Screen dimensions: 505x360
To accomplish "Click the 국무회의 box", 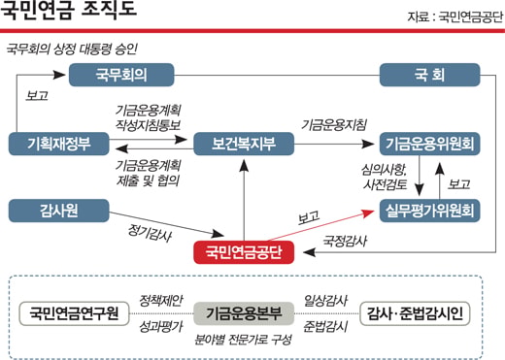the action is click(x=121, y=75).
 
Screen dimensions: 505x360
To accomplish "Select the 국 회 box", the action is click(x=429, y=75).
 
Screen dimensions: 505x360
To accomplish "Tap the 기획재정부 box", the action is click(x=59, y=144).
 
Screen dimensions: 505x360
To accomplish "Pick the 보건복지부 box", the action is click(x=244, y=144).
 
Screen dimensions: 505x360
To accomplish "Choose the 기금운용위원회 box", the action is click(x=429, y=144).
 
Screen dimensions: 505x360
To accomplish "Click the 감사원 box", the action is click(x=59, y=211).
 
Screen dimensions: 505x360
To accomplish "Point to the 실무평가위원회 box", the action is click(x=429, y=211).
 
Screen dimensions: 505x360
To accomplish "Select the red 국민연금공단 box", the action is click(x=244, y=252).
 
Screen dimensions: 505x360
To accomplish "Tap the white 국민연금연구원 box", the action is click(x=74, y=313).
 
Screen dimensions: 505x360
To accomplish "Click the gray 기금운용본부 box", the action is click(x=244, y=313).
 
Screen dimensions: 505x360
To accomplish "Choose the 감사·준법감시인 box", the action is click(x=415, y=313).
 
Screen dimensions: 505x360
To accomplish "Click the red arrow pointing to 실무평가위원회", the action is click(x=320, y=225).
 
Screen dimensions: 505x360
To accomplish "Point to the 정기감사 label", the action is click(x=150, y=233).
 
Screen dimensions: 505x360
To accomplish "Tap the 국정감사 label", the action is click(x=345, y=241).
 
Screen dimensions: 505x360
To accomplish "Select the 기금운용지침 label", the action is click(x=334, y=125).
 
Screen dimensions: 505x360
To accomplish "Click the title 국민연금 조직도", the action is click(x=68, y=9).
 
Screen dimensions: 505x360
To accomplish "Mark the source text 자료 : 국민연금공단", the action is click(x=455, y=16).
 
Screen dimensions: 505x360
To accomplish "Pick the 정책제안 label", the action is click(x=161, y=301).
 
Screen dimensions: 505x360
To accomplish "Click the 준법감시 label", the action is click(x=325, y=327).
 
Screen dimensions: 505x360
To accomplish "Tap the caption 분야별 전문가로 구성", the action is click(x=243, y=340).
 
